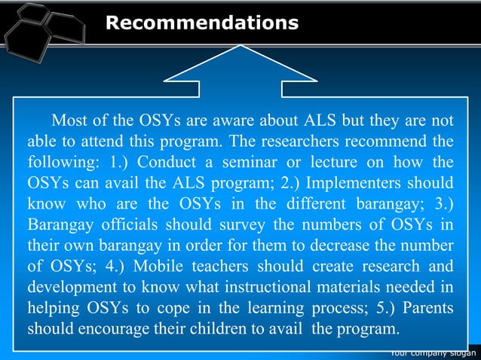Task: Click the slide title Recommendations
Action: [x=201, y=23]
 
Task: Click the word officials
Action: [x=129, y=225]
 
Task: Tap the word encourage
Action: [x=106, y=330]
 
